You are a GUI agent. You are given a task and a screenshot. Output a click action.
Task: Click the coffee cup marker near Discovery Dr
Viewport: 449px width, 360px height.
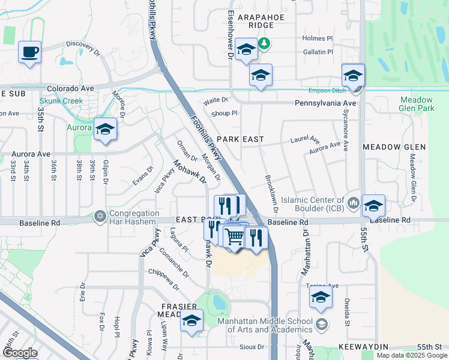point(29,52)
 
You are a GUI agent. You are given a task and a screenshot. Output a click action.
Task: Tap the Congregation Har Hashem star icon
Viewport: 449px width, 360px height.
point(100,215)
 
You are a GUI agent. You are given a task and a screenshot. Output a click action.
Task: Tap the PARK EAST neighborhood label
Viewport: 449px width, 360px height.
point(240,139)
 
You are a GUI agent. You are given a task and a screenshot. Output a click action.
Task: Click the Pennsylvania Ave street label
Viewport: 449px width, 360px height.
point(325,103)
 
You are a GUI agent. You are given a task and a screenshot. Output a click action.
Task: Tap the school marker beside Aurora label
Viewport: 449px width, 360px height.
point(105,129)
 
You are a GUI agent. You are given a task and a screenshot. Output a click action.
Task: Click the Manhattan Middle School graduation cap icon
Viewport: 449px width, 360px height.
point(322,325)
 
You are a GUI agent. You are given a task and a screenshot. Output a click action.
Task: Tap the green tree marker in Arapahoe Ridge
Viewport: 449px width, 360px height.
point(264,43)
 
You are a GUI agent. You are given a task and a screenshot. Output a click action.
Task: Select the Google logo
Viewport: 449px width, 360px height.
point(20,353)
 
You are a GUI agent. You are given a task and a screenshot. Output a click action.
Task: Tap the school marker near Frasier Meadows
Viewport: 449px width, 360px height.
point(192,320)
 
